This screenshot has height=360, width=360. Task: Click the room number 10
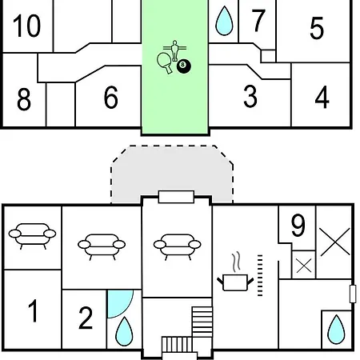(x=27, y=26)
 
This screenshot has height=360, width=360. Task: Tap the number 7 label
(x=258, y=21)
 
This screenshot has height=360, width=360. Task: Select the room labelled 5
(x=317, y=28)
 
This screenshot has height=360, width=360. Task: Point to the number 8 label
(x=24, y=99)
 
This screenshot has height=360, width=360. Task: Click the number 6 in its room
(x=110, y=98)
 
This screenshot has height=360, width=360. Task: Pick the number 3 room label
(x=250, y=96)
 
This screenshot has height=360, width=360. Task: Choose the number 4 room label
(x=322, y=97)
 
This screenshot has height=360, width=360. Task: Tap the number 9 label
(x=298, y=226)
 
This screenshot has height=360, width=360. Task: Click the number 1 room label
(x=33, y=310)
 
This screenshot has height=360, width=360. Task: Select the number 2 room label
(x=86, y=318)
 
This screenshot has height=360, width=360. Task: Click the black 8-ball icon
(x=184, y=66)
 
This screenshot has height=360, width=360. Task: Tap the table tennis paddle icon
(x=165, y=62)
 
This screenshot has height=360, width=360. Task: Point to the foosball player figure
(x=174, y=50)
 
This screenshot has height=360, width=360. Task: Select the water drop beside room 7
(x=224, y=21)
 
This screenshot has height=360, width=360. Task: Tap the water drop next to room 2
(x=124, y=331)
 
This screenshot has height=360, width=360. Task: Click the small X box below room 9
(x=304, y=266)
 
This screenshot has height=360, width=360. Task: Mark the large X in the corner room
(x=335, y=242)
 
